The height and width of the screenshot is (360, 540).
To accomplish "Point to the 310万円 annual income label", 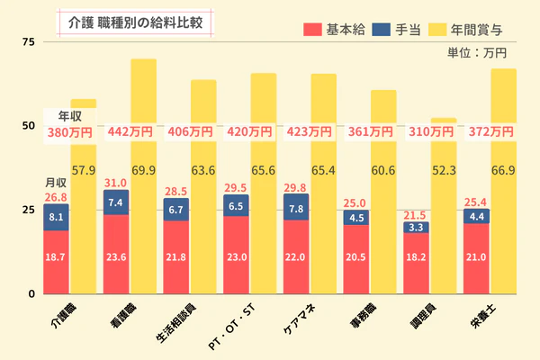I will (431, 131).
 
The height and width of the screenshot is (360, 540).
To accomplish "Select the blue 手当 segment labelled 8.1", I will (56, 217).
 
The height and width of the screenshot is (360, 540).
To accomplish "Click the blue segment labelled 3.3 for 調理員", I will (416, 228).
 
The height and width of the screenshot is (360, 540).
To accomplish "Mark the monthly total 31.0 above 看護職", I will (116, 182).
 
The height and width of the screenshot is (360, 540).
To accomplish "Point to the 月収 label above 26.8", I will (56, 183).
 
